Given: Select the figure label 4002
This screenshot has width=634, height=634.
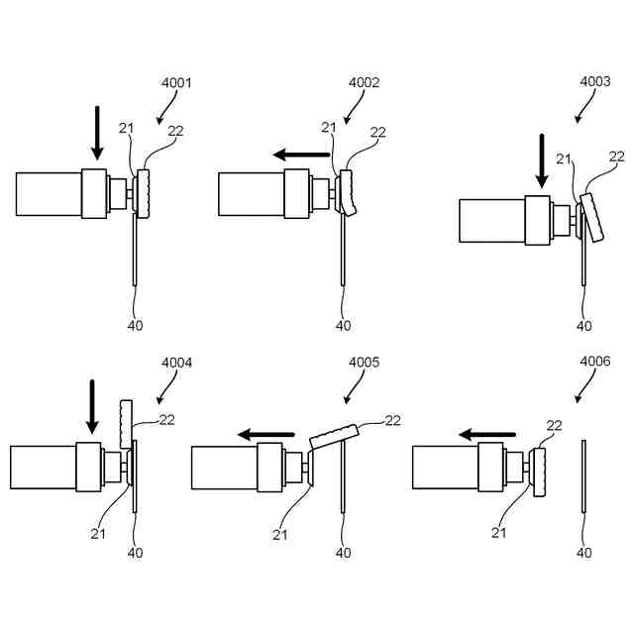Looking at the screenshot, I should pos(364,83).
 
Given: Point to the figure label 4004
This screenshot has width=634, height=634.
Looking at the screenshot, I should pos(177,363).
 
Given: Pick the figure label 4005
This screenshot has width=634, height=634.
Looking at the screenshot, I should pos(365,363).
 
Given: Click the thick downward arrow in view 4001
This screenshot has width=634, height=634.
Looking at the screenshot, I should pos(97,133).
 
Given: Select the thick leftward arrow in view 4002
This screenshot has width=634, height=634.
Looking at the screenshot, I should pos(302,155).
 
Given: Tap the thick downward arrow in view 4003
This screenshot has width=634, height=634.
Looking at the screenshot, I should pos(542,160).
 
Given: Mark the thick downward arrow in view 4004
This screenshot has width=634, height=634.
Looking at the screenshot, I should pos(92,407).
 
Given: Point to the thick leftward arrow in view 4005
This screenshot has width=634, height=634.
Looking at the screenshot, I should pos(266,434).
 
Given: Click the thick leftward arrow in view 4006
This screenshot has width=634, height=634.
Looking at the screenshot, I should pos(486,434).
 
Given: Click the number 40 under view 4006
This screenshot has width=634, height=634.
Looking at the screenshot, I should pos(584,553).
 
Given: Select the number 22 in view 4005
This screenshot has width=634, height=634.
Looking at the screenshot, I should pos(392,420).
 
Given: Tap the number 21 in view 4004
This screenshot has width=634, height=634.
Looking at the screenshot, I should pos(98,534).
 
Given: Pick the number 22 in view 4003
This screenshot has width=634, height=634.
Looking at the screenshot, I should pos(617,157).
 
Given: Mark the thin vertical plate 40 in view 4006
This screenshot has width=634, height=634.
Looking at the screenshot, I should pos(584,475).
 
